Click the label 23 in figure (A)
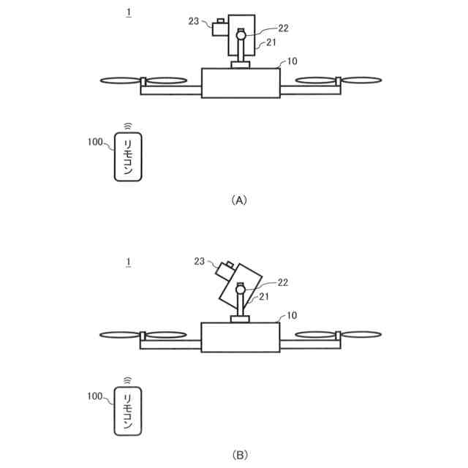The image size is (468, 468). [x=194, y=21]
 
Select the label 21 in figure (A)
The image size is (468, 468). [x=271, y=43]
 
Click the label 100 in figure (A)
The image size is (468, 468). [x=96, y=142]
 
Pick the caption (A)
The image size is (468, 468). [x=240, y=200]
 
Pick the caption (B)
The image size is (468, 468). [x=240, y=455]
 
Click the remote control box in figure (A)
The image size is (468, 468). [x=128, y=157]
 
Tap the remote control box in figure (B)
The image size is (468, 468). [x=128, y=413]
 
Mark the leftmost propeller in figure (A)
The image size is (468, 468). [x=119, y=80]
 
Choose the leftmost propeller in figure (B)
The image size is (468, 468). [x=119, y=336]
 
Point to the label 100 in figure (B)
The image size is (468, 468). [x=96, y=396]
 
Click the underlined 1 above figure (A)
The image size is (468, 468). [x=129, y=12]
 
